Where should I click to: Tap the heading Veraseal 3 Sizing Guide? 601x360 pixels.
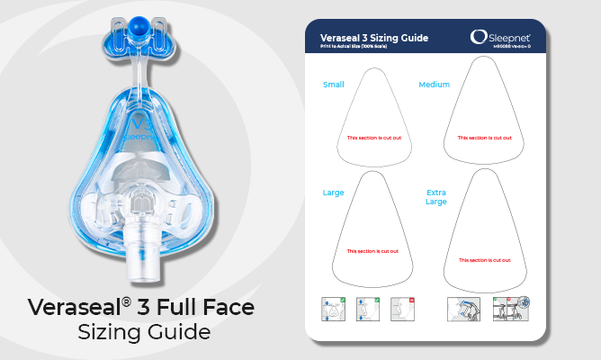click(x=373, y=38)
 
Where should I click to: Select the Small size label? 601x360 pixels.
click(x=333, y=85)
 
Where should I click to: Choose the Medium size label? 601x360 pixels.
click(x=434, y=85)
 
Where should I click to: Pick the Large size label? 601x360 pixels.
click(x=333, y=193)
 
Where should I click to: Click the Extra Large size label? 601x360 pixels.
click(x=435, y=197)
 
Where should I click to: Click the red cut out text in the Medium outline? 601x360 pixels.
click(x=485, y=138)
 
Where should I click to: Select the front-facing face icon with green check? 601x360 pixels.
click(x=333, y=309)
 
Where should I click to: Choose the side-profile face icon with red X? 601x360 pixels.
click(x=402, y=309)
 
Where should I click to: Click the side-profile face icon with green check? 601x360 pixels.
click(x=367, y=309)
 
